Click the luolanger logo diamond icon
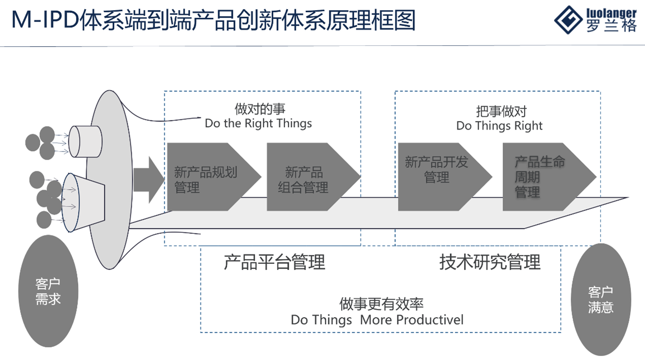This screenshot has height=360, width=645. click(x=568, y=20)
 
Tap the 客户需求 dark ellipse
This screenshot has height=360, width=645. click(x=48, y=291)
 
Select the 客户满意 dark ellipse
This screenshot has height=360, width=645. click(x=601, y=299)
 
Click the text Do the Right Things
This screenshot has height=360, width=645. click(x=258, y=124)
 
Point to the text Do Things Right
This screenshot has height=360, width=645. click(x=499, y=126)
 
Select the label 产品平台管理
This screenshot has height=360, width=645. click(x=274, y=262)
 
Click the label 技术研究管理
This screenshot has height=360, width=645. click(x=490, y=262)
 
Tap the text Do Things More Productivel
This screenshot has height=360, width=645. click(x=377, y=320)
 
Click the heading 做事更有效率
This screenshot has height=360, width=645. click(x=382, y=304)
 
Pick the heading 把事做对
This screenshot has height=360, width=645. click(x=501, y=111)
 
